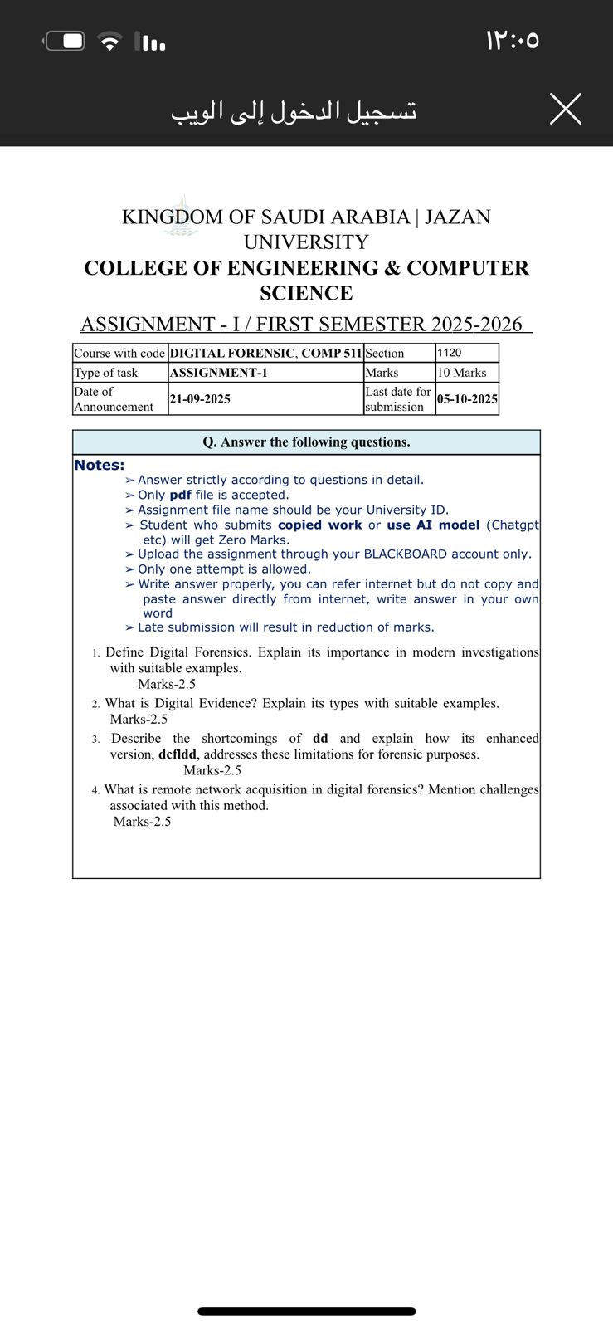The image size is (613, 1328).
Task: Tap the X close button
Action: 565,109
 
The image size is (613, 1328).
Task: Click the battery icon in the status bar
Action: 65,41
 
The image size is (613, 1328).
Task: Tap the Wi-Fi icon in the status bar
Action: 109,41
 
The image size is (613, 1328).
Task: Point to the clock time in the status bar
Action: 513,40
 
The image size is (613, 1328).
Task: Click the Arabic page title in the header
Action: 294,110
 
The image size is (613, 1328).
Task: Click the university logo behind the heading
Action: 181,217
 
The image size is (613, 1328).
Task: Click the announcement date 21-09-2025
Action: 200,398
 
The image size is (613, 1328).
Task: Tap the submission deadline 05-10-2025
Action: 467,398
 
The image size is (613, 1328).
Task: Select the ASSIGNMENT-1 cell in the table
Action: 218,373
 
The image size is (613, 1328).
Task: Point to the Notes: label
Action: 100,465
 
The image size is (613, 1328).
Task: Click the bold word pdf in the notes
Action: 180,495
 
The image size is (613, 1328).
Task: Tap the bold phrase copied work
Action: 319,525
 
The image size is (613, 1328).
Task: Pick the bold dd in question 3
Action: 320,738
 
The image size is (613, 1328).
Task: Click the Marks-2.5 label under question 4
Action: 142,822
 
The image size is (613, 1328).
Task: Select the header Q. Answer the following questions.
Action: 306,442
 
